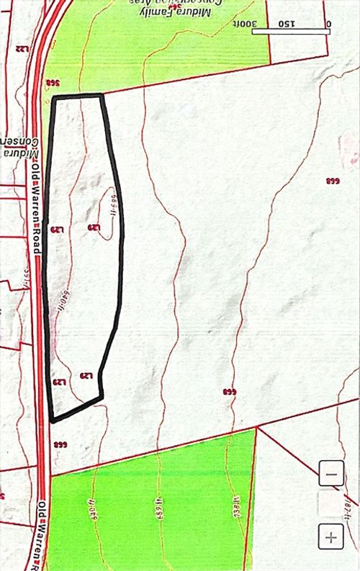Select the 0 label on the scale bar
328,24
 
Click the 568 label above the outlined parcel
53,84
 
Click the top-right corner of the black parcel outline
103,95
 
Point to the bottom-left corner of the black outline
52,420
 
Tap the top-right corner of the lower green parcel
256,428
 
